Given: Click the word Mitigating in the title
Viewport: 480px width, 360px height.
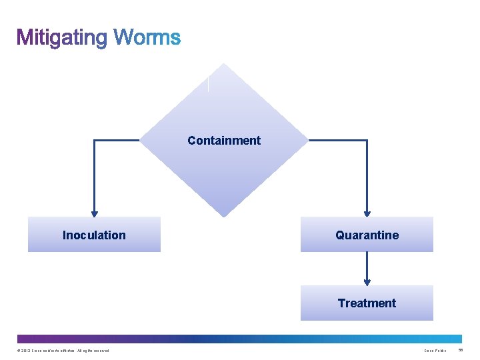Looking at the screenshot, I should pos(62,37).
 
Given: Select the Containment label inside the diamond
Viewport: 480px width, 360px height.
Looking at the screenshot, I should pos(224,141).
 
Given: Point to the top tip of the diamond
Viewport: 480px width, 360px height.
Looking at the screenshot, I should pos(225,64).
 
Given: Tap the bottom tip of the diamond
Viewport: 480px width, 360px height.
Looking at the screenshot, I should pos(225,216).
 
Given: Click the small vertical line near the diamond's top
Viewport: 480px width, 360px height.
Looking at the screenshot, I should pos(208,84).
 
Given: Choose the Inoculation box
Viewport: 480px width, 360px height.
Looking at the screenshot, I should pos(94,235).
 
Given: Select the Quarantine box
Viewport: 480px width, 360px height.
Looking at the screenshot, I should pos(367,235).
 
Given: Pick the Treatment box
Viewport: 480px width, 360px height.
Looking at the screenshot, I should pos(367,303).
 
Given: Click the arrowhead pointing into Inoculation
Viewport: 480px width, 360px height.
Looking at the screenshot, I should pos(94,213).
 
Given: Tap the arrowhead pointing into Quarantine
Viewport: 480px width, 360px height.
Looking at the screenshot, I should pos(367,213).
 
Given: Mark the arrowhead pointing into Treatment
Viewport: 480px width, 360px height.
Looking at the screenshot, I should pos(367,282).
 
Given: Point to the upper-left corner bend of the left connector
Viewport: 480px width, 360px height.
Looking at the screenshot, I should pos(94,141).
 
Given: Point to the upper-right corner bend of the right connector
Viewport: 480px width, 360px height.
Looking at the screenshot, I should pos(367,141).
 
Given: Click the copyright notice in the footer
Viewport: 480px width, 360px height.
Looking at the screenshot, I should pos(60,351).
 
